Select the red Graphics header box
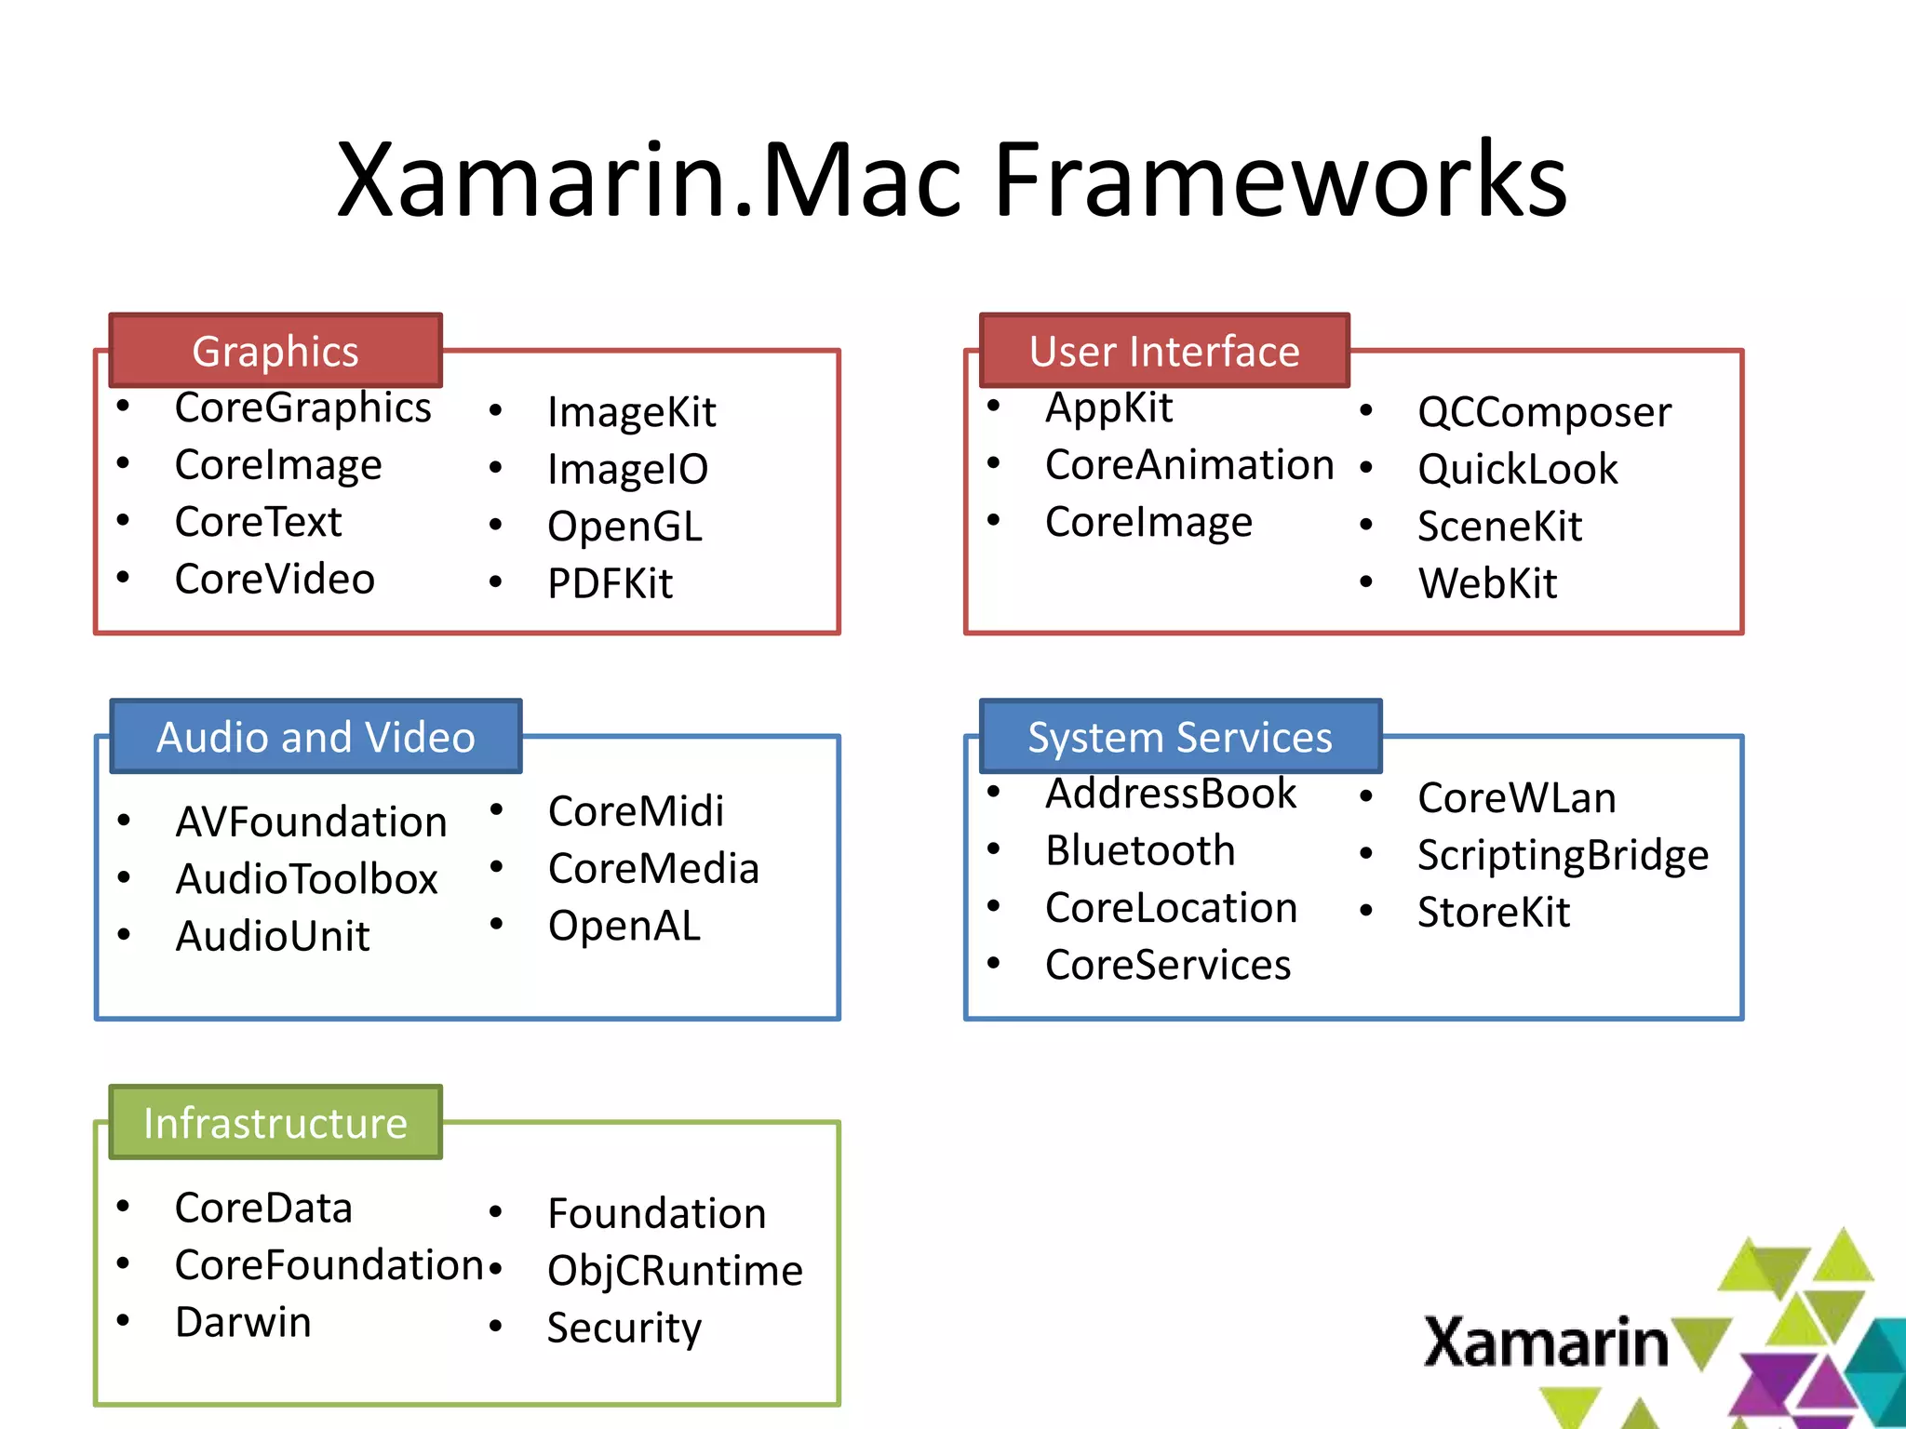275,351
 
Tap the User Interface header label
1163,351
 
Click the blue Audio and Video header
315,737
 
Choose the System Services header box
1179,737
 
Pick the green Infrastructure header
275,1123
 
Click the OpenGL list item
624,527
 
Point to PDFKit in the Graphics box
610,584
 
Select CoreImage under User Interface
1148,523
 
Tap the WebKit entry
1487,584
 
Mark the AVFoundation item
311,822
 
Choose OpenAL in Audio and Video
624,927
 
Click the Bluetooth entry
1140,851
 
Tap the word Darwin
243,1323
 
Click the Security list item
624,1329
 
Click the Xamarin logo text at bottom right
1546,1342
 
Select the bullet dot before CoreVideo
123,578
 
